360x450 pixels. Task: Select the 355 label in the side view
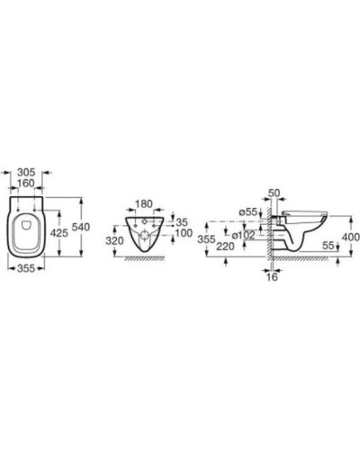tap(207, 240)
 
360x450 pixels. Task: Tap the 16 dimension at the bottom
tap(274, 278)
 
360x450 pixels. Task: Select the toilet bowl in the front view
tap(144, 232)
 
